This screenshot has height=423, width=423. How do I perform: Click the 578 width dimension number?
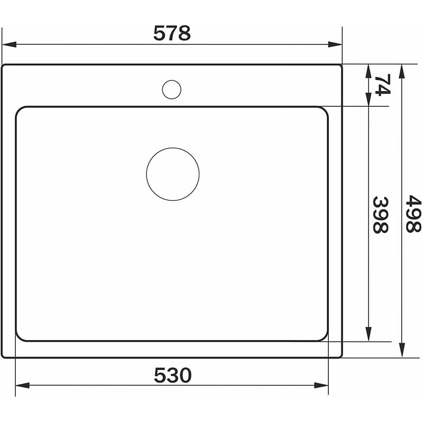tap(172, 33)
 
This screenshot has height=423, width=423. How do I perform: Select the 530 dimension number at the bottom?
tap(172, 375)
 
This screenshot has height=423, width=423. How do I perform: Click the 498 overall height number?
tap(413, 214)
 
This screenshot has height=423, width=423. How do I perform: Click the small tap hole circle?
tap(171, 89)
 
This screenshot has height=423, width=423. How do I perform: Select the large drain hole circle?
tap(173, 174)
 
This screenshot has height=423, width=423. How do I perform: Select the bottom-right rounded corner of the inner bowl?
tap(324, 337)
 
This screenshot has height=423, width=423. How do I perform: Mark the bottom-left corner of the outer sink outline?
tap(3, 356)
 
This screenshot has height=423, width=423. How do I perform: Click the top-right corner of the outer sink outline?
tap(341, 66)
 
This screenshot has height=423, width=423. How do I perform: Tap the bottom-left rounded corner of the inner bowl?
tap(19, 337)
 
